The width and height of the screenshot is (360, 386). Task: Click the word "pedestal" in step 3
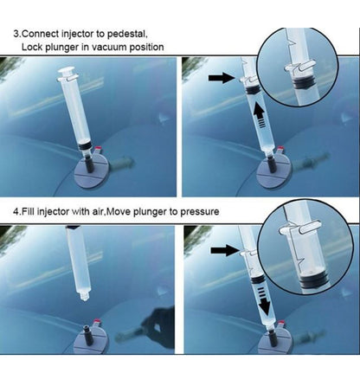pos(127,34)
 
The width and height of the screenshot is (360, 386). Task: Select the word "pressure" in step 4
pos(200,212)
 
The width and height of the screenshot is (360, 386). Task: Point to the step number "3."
pos(17,34)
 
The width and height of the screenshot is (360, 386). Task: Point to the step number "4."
pos(17,212)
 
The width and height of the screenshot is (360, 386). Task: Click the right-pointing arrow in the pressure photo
pos(225,250)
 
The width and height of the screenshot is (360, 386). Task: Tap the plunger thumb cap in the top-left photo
pos(67,70)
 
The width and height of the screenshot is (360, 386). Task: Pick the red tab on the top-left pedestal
pos(99,148)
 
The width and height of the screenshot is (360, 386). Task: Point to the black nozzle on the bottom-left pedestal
pos(87,332)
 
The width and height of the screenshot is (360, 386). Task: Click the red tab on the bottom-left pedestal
pos(97,321)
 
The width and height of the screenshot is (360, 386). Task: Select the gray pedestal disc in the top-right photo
pos(274,173)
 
